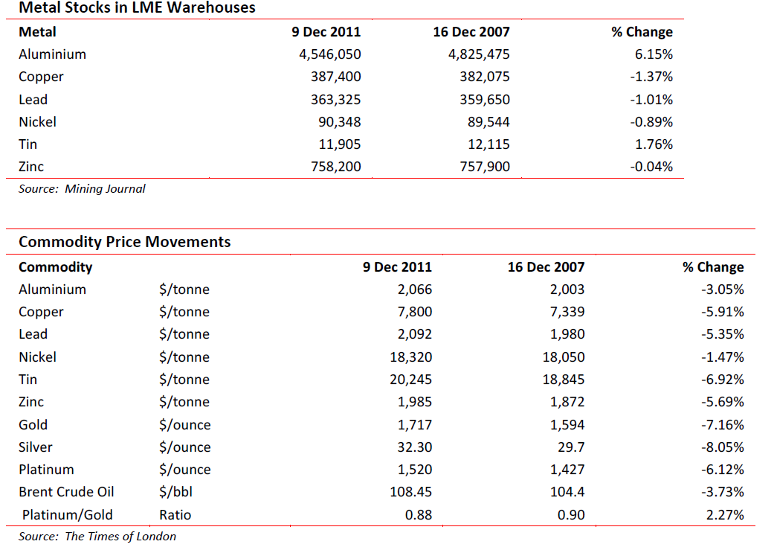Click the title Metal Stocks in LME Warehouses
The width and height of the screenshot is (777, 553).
pyautogui.click(x=137, y=7)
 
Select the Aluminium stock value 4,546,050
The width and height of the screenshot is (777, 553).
pyautogui.click(x=330, y=54)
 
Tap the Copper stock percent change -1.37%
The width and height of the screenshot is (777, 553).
pyautogui.click(x=651, y=77)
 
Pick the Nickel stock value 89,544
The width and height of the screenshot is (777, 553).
pyautogui.click(x=489, y=122)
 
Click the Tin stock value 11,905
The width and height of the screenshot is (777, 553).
pyautogui.click(x=340, y=144)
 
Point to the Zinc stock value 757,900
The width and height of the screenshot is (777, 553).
pyautogui.click(x=485, y=167)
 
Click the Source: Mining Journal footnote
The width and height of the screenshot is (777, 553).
pyautogui.click(x=82, y=189)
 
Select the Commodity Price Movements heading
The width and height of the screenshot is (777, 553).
pyautogui.click(x=124, y=242)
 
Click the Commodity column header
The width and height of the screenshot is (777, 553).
pyautogui.click(x=56, y=267)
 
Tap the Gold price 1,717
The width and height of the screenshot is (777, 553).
pyautogui.click(x=415, y=425)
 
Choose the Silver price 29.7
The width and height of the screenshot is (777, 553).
pyautogui.click(x=571, y=447)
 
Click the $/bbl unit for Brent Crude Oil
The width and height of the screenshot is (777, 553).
pyautogui.click(x=176, y=492)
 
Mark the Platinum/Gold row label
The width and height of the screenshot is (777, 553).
pyautogui.click(x=68, y=515)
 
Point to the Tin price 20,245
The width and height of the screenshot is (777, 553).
pyautogui.click(x=410, y=380)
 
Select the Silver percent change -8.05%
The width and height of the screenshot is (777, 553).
pyautogui.click(x=723, y=447)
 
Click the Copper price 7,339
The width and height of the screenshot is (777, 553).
pyautogui.click(x=567, y=312)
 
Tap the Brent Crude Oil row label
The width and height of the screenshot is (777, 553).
pyautogui.click(x=66, y=492)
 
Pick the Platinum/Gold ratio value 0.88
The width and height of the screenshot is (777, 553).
pyautogui.click(x=419, y=515)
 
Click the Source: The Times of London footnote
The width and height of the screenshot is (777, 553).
pyautogui.click(x=97, y=537)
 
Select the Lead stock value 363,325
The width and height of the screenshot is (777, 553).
pyautogui.click(x=336, y=100)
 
